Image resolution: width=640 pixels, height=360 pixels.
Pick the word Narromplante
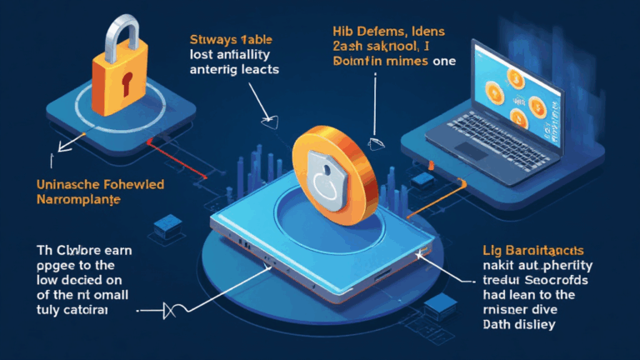(74, 200)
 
